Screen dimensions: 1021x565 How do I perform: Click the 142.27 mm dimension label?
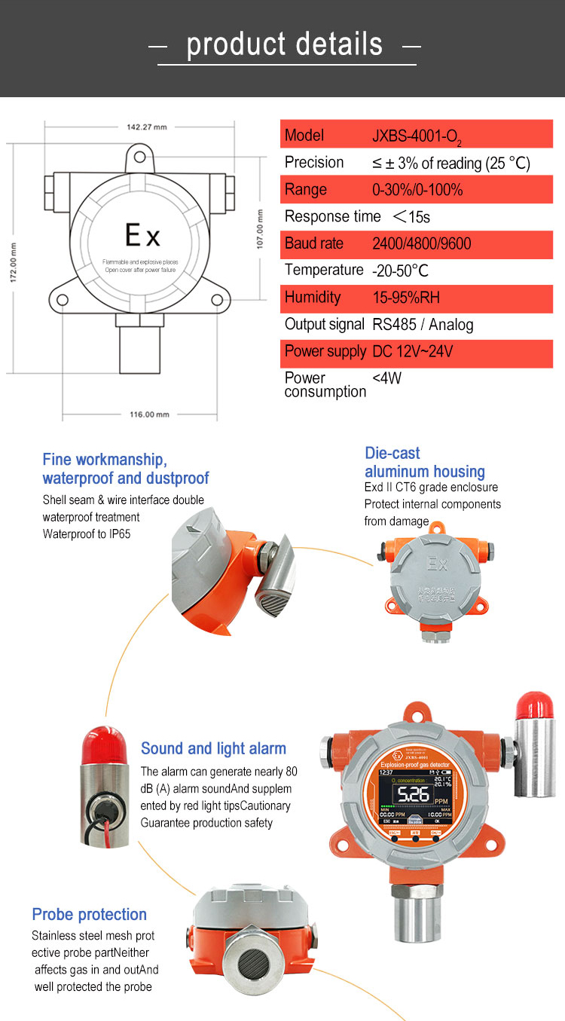point(146,127)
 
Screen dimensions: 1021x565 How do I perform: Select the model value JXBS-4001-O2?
point(417,137)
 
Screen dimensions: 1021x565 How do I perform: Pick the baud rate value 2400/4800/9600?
point(422,244)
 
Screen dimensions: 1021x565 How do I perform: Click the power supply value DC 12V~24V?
point(412,352)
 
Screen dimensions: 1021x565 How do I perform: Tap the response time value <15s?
point(411,218)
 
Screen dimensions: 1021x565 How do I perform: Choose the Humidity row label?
point(313,298)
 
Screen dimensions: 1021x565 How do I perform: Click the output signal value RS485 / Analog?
point(423,325)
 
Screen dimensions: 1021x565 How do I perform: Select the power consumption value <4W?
point(387,378)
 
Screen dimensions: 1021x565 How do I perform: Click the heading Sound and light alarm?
point(213,749)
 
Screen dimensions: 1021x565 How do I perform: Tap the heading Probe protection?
point(89,915)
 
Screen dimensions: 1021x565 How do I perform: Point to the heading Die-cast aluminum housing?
point(424,463)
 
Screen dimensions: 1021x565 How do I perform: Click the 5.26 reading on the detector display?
point(414,796)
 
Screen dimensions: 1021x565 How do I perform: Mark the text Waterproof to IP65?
point(90,534)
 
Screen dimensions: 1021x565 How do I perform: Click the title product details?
point(284,44)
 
